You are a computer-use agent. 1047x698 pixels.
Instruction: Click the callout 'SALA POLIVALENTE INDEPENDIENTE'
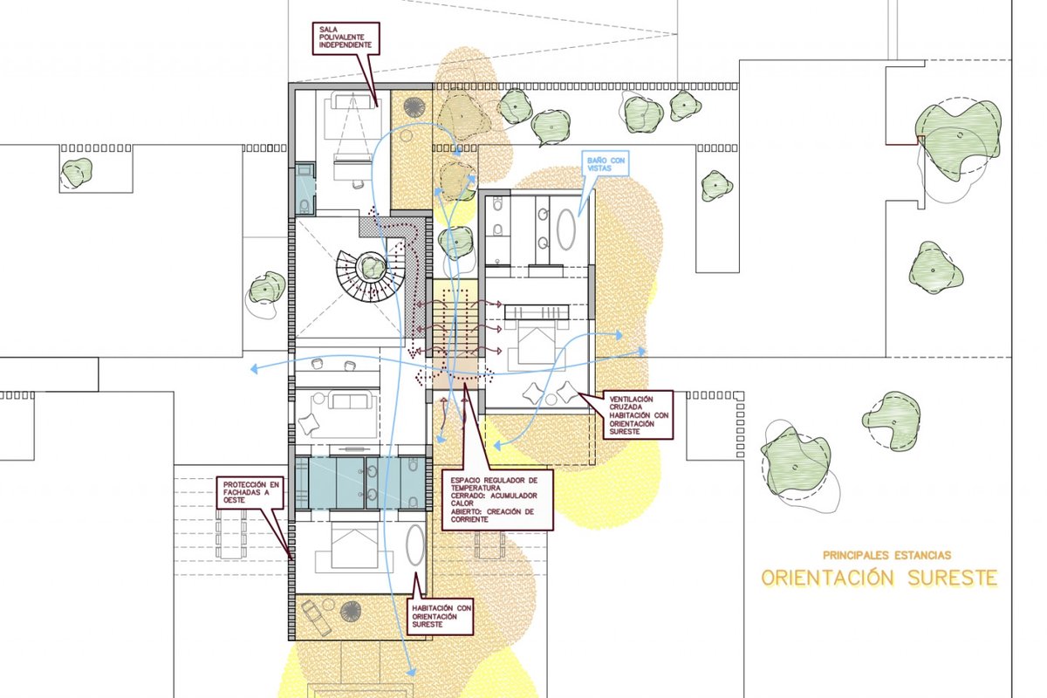coord(346,38)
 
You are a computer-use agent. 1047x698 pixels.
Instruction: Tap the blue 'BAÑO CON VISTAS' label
coord(606,164)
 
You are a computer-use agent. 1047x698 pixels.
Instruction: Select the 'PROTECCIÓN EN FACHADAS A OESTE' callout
coord(250,492)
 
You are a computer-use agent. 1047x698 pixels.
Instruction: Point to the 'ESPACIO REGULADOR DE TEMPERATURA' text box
coord(497,499)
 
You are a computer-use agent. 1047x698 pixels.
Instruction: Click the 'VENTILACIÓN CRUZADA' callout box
coord(638,415)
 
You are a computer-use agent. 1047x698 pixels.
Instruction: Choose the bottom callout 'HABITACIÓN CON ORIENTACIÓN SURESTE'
coord(441,616)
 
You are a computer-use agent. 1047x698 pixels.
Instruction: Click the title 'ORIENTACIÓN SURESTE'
coord(879,578)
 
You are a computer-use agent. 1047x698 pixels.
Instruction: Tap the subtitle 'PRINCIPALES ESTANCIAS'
coord(886,556)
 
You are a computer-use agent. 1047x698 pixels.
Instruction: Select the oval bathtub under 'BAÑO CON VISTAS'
coord(566,229)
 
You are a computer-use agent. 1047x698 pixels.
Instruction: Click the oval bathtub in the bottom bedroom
coord(415,545)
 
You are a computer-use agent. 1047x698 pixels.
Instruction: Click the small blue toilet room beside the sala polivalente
coord(305,188)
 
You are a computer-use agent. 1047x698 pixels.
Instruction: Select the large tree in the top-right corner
coord(958,140)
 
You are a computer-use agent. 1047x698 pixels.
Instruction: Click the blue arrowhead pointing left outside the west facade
coord(254,369)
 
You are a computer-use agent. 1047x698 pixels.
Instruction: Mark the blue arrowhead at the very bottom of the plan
coord(411,673)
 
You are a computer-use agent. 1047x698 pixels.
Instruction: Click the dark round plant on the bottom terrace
coord(351,612)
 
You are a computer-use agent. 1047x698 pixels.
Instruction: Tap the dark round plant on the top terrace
coord(414,107)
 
